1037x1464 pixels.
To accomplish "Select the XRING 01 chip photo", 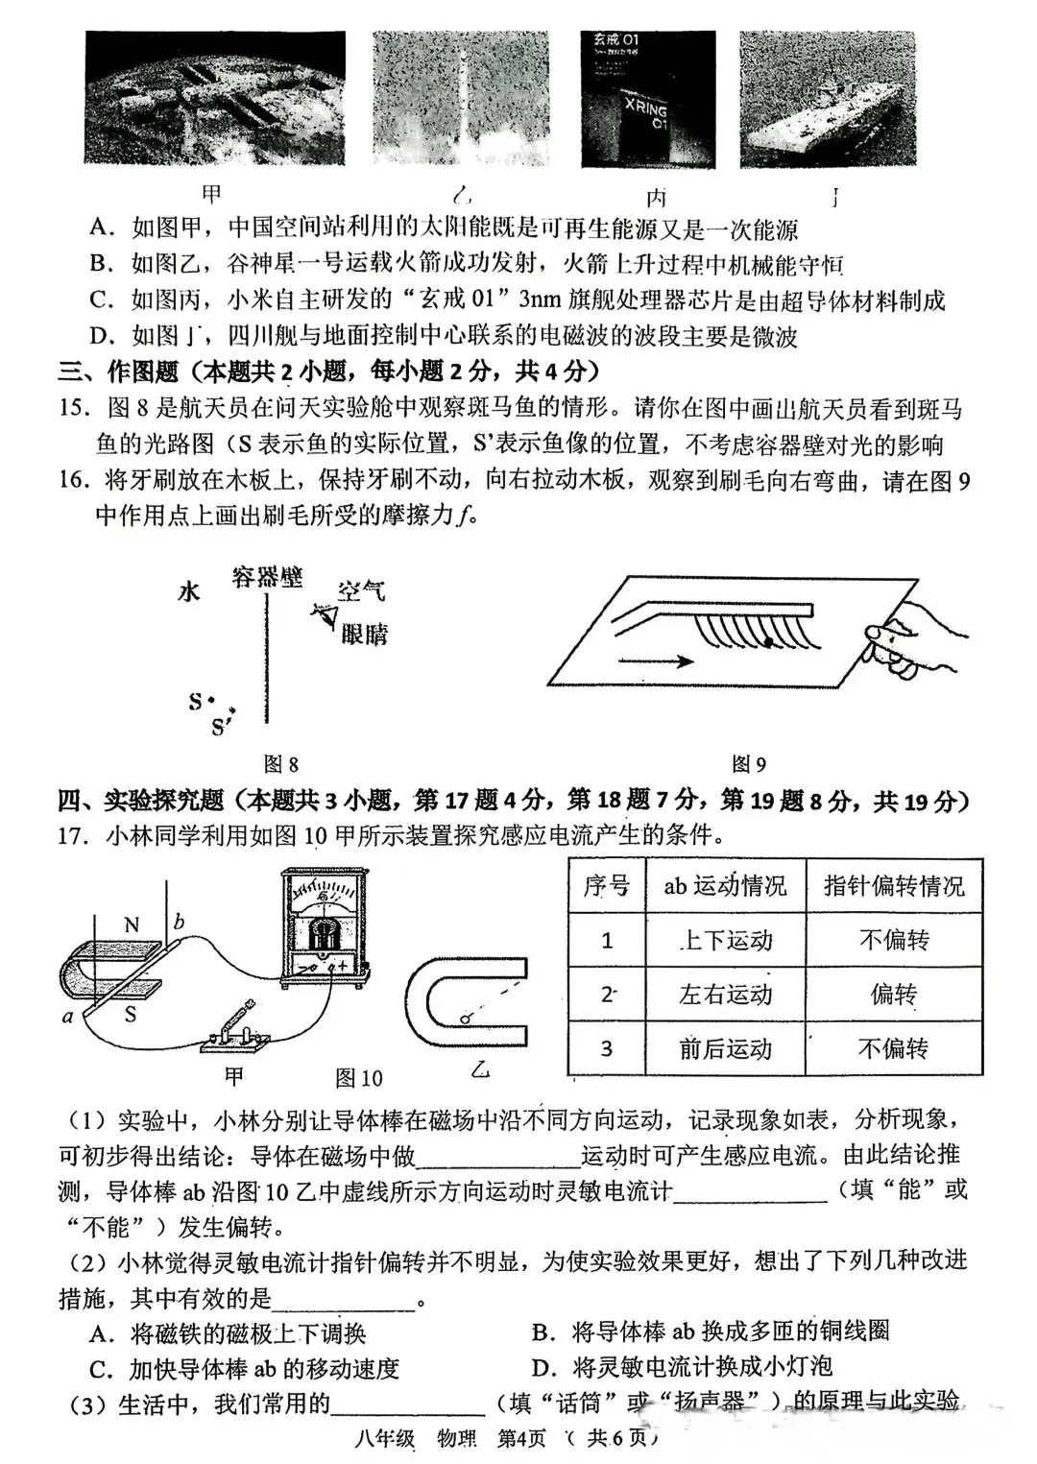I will pyautogui.click(x=648, y=100).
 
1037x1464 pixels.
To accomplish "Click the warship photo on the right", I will pyautogui.click(x=827, y=100).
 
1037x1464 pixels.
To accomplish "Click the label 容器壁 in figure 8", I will pyautogui.click(x=267, y=577).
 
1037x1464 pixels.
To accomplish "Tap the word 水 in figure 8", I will pyautogui.click(x=189, y=591).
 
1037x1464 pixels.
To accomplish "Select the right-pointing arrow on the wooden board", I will pyautogui.click(x=657, y=660).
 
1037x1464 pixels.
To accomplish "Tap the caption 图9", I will pyautogui.click(x=749, y=764).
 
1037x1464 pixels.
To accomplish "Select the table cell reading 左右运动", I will pyautogui.click(x=725, y=995).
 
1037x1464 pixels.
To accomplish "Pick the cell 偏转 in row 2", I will pyautogui.click(x=893, y=995).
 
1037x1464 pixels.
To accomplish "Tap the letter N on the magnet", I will pyautogui.click(x=133, y=925).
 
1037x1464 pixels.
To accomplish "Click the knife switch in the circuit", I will pyautogui.click(x=233, y=1031).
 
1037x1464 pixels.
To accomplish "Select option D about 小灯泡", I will pyautogui.click(x=682, y=1366).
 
